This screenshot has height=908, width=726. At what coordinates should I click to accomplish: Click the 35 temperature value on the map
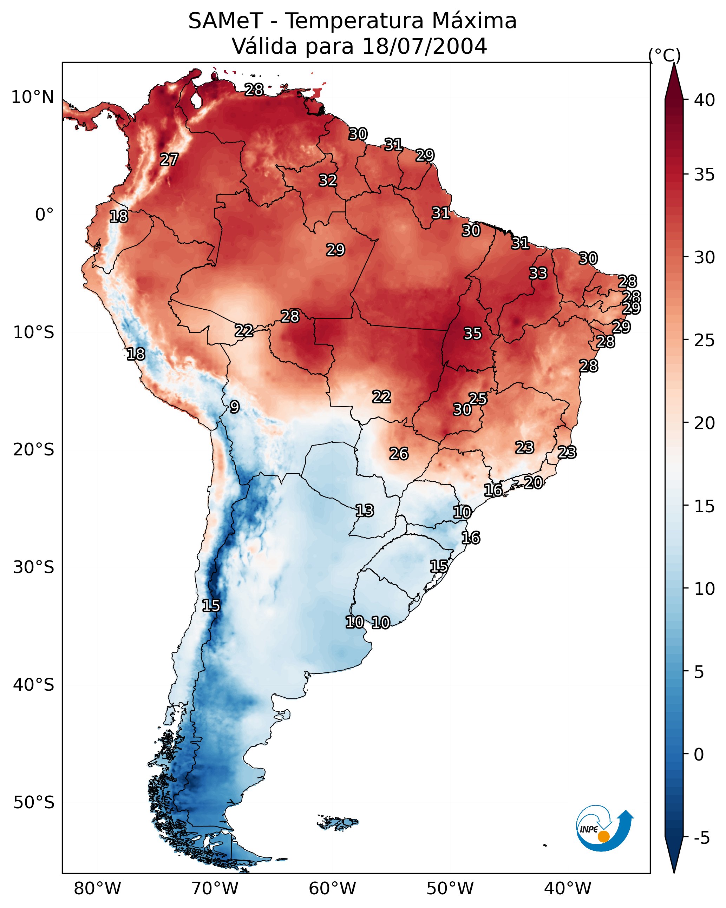(x=472, y=334)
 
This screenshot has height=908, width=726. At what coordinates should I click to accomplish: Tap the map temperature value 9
(x=235, y=407)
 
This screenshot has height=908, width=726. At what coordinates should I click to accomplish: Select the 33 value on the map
(x=538, y=273)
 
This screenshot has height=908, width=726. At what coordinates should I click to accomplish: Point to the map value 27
(x=169, y=160)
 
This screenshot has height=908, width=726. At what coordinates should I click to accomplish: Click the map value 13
(x=365, y=511)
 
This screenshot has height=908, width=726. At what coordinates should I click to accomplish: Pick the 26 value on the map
(x=399, y=454)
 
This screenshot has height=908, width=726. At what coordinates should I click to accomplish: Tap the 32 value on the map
(x=328, y=180)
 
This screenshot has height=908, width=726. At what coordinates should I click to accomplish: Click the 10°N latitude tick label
(x=32, y=97)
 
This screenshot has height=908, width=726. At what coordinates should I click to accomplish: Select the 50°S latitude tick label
(x=34, y=803)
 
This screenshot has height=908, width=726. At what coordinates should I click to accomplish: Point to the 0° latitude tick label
(x=44, y=215)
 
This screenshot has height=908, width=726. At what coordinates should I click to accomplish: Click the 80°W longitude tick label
(x=97, y=888)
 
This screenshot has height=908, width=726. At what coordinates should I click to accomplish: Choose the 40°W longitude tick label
(x=568, y=888)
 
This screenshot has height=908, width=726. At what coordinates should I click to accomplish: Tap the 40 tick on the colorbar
(x=705, y=100)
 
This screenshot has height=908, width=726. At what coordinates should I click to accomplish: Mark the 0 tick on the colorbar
(x=699, y=754)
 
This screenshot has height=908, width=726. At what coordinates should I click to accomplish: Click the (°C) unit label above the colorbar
(x=665, y=55)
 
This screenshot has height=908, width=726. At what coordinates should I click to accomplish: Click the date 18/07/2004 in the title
(x=424, y=46)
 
